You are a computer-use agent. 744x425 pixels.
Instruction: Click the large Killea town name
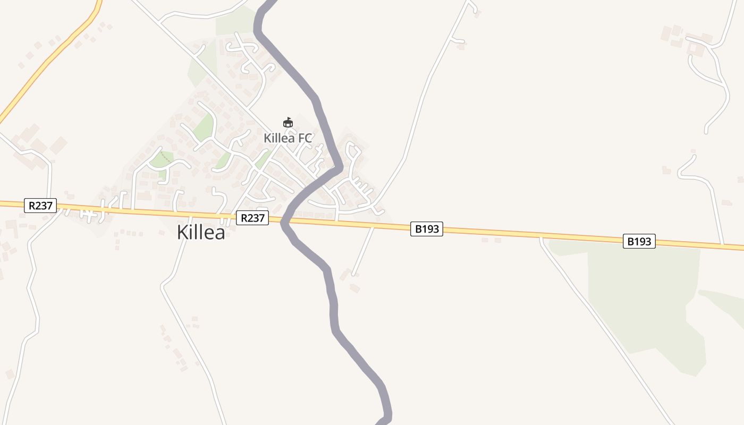coord(201,232)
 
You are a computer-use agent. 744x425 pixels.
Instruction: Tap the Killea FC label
coord(288,138)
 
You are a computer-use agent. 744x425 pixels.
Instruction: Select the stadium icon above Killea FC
coord(288,123)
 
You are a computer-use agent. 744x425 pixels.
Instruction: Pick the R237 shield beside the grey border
coord(252,218)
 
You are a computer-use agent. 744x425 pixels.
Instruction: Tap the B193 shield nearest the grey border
coord(426,229)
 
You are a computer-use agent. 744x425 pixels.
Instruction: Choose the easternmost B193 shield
coord(639,241)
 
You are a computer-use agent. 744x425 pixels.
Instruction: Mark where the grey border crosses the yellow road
coord(285,219)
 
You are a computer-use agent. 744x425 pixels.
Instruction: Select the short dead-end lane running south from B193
coord(363,251)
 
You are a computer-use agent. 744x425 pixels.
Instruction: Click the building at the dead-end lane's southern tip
coord(354,288)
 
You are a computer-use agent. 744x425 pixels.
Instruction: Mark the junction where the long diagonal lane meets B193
coord(541,237)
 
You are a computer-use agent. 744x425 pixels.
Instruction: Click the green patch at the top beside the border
coord(234,21)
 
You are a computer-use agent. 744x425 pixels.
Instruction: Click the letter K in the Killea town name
coord(183,232)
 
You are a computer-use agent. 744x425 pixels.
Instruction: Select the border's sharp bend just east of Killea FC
coord(339,167)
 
